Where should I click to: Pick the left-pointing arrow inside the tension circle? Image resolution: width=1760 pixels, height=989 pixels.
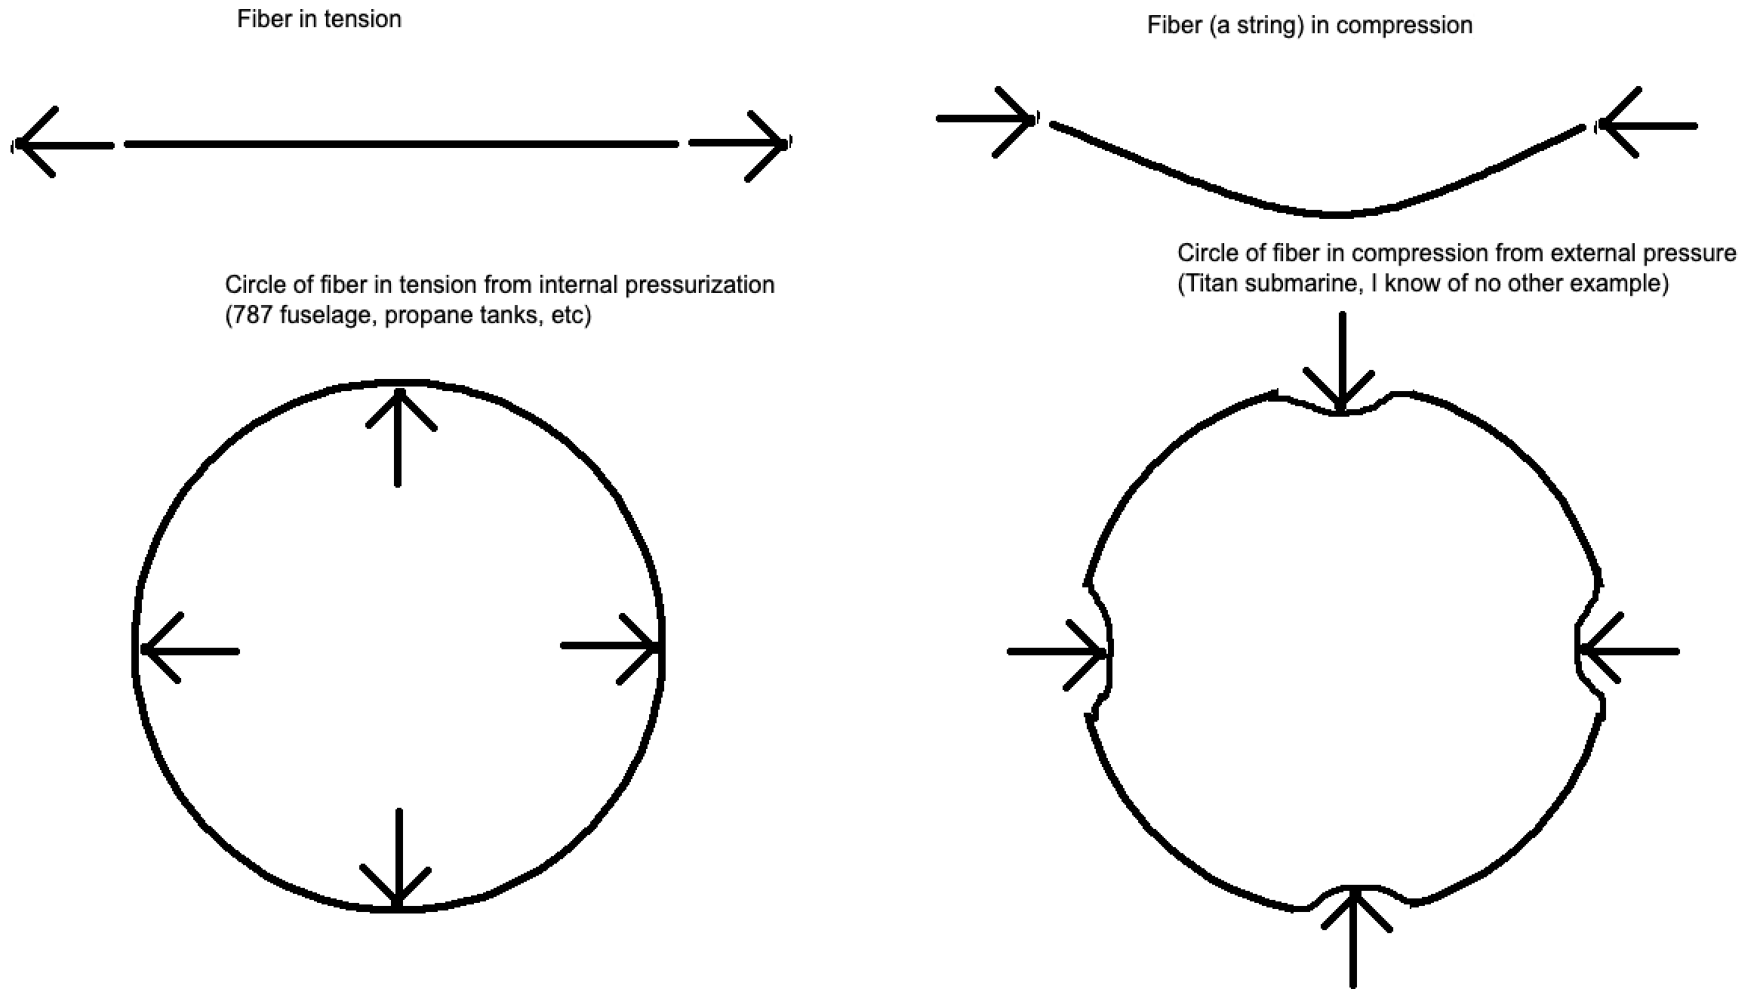[189, 650]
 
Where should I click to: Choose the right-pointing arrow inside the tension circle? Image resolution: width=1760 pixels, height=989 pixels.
[611, 646]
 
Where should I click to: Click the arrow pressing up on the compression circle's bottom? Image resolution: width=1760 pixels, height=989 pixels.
[1354, 936]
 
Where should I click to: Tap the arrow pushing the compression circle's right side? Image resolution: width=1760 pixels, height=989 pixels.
[1630, 651]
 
